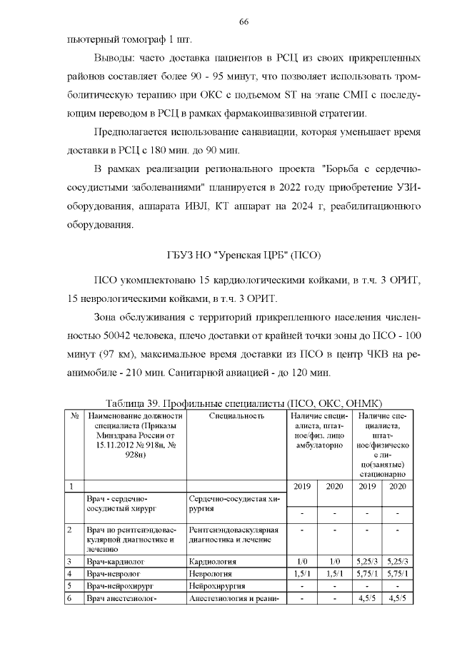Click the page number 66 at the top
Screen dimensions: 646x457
click(x=243, y=22)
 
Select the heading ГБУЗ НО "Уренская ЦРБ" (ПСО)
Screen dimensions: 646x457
click(x=243, y=255)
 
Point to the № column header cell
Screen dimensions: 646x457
click(x=74, y=415)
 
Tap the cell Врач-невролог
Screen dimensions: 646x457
click(x=112, y=573)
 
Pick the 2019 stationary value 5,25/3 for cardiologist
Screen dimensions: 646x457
click(x=366, y=562)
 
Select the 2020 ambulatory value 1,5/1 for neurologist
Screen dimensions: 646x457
click(x=333, y=573)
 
